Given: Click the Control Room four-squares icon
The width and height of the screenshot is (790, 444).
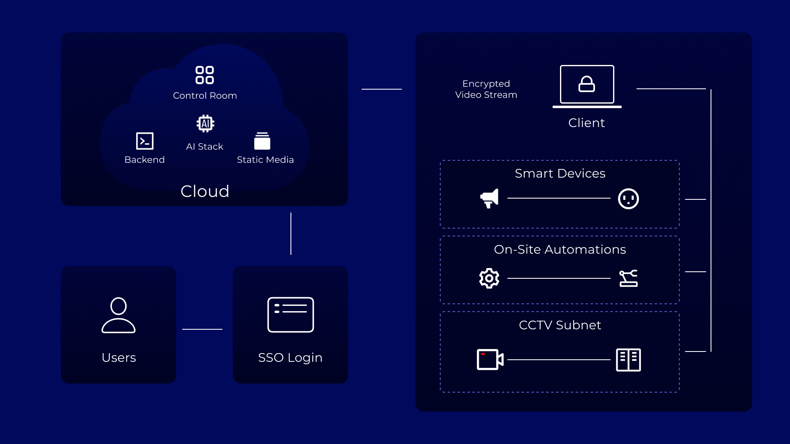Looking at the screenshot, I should [204, 75].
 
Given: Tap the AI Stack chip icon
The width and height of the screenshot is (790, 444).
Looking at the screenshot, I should [205, 123].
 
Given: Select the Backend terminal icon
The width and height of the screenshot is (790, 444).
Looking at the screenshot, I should [145, 141].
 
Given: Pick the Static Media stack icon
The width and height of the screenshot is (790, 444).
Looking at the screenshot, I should [262, 141].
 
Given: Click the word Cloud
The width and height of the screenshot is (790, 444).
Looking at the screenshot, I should [205, 191].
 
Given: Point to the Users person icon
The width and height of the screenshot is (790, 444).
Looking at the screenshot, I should [118, 315].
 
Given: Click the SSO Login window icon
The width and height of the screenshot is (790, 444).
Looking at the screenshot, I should [290, 314].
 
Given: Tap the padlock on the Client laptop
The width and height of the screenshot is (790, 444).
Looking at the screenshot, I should [587, 84].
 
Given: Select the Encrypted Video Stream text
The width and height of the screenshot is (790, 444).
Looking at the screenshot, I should [486, 89].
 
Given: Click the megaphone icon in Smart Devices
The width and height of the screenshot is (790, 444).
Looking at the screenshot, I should [489, 199].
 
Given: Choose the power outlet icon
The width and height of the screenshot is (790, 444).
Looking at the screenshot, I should [628, 199].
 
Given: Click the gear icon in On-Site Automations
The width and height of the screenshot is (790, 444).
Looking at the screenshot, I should [489, 278].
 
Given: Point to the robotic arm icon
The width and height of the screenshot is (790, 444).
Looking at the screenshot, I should [628, 278].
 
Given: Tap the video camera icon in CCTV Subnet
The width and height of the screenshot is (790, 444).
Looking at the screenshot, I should [490, 360].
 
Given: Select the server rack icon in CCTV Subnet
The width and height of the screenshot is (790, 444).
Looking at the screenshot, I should [628, 360].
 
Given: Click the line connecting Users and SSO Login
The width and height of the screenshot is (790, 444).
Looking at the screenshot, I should [202, 329].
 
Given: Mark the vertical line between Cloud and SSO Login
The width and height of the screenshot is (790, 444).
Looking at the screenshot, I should [291, 234].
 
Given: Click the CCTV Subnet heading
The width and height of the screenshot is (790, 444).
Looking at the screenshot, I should [560, 325].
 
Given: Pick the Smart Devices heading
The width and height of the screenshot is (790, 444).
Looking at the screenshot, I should [560, 173].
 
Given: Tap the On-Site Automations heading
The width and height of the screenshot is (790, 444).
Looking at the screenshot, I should [560, 250].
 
